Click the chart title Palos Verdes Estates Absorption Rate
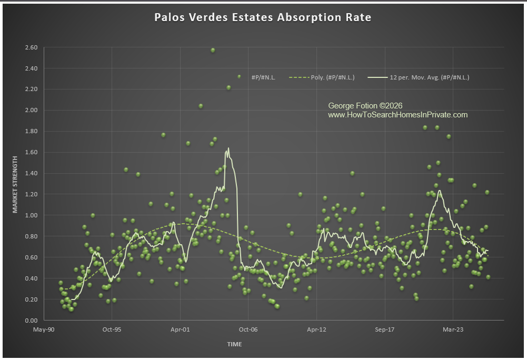pyautogui.click(x=263, y=17)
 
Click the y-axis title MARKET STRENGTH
pyautogui.click(x=15, y=184)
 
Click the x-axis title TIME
pyautogui.click(x=235, y=344)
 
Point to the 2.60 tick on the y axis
pyautogui.click(x=31, y=47)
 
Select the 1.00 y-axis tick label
pyautogui.click(x=31, y=215)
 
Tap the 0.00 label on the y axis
pyautogui.click(x=31, y=321)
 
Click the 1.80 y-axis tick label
pyautogui.click(x=31, y=131)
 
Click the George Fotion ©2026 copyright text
pyautogui.click(x=365, y=106)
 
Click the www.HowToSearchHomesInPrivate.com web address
pyautogui.click(x=397, y=115)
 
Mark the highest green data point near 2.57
pyautogui.click(x=213, y=50)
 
